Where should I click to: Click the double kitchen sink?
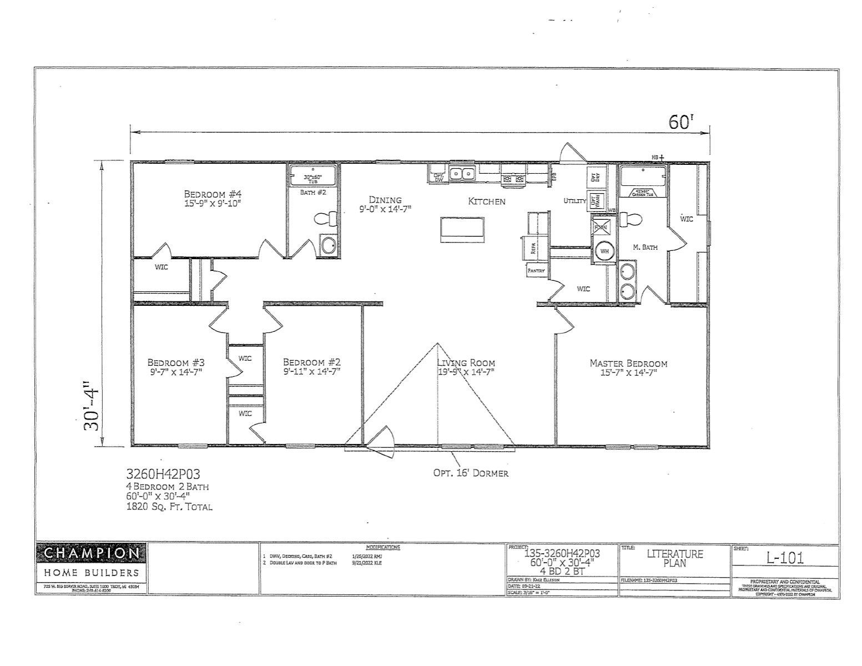pos(462,174)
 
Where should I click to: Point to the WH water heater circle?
pos(604,251)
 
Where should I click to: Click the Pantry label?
pos(536,270)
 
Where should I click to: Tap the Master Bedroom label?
pos(628,363)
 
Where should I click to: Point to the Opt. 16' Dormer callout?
pos(471,473)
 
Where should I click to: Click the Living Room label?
pos(466,363)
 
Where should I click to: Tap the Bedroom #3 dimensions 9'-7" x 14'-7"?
pos(176,372)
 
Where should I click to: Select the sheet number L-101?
pos(785,558)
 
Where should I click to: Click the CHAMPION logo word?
pos(92,553)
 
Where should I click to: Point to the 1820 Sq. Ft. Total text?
pos(169,506)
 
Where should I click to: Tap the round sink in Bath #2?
pos(329,245)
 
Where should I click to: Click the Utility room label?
pos(574,201)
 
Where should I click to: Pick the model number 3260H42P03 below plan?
pos(163,474)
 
